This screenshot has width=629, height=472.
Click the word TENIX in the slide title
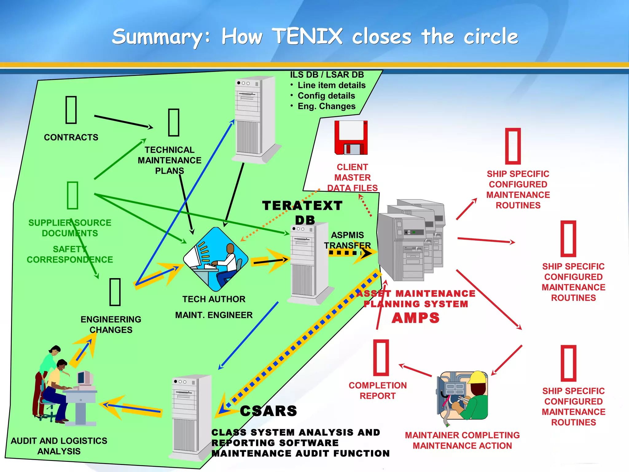307,36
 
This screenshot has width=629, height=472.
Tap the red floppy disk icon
351,138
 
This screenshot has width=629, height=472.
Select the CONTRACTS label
71,137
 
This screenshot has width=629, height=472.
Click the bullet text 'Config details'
326,96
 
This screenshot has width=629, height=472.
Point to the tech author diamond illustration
216,259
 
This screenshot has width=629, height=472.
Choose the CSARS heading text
268,411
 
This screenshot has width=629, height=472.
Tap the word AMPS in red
416,318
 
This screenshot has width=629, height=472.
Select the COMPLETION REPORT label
377,391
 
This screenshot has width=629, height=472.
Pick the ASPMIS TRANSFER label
347,240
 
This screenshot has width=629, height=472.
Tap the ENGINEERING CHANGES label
111,324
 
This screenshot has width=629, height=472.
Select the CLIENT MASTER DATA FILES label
352,178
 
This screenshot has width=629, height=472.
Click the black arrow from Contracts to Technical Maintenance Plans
123,122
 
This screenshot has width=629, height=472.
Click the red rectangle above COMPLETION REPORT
381,358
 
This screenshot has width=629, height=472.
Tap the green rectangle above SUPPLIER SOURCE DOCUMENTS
72,195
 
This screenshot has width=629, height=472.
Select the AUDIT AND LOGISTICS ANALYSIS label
59,446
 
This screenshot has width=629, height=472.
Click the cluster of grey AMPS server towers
412,240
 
